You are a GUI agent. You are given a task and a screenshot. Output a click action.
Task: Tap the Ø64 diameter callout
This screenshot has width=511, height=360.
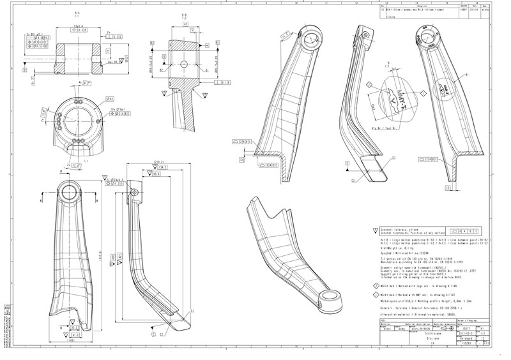[111, 99]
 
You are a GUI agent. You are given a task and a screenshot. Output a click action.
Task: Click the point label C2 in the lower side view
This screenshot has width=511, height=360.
[161, 333]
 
